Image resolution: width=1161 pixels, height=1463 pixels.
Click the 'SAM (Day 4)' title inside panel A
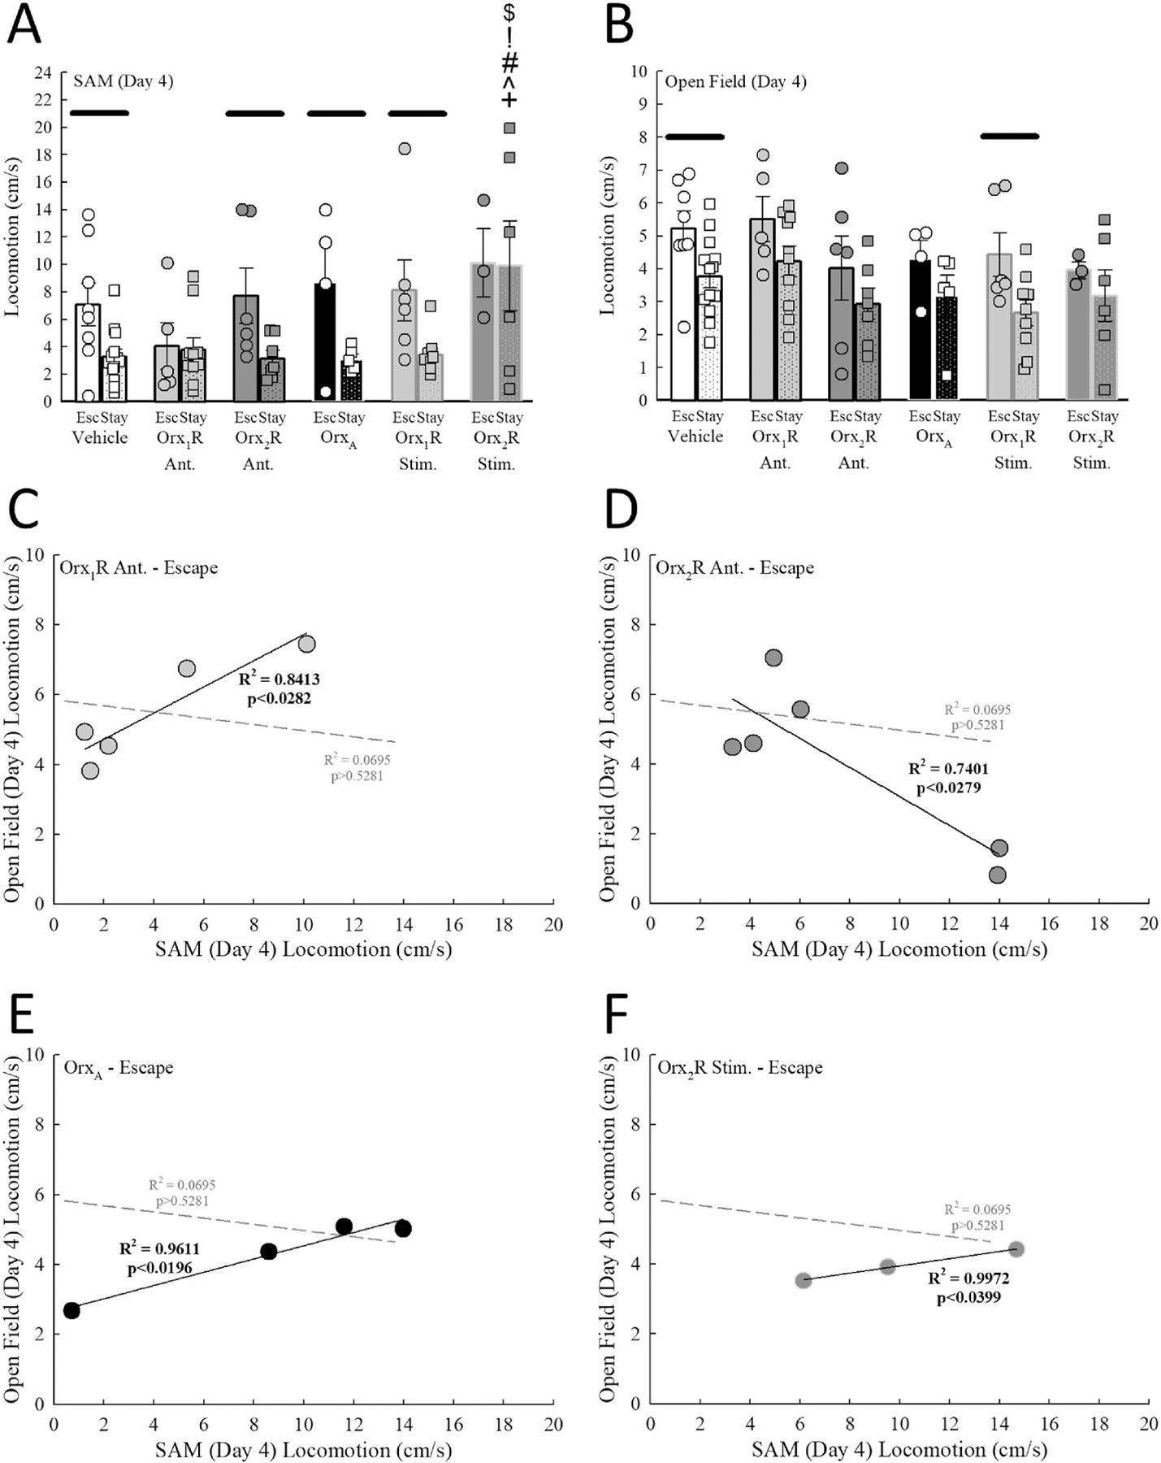(123, 81)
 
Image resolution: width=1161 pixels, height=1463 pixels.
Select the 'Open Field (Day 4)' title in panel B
(735, 81)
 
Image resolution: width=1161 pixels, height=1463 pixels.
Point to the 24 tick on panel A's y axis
(42, 73)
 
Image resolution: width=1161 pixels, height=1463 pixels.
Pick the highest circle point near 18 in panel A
(404, 149)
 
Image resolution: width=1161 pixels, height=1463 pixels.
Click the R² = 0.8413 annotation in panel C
(279, 679)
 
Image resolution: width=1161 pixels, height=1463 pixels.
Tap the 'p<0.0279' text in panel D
(949, 788)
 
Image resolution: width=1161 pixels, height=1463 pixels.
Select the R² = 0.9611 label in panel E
(159, 1249)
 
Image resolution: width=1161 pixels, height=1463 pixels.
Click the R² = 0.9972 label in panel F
(968, 1278)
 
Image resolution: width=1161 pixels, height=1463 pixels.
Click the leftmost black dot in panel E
(71, 1310)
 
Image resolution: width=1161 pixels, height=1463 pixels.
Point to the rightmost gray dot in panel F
(1016, 1248)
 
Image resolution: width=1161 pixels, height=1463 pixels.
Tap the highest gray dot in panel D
(773, 658)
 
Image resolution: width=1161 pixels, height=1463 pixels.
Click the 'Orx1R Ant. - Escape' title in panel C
(139, 567)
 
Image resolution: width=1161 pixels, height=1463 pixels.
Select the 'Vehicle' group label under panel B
(695, 436)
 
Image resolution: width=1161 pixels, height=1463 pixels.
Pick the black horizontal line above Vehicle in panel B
(695, 137)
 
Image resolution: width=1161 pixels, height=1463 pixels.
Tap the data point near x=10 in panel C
(306, 645)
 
